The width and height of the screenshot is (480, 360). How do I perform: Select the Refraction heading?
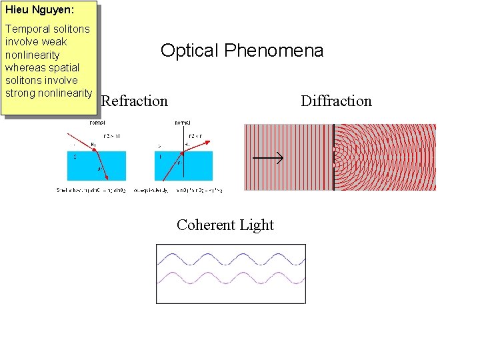tap(134, 101)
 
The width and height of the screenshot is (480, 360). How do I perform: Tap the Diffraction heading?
tap(336, 101)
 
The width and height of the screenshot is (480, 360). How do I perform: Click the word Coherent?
tap(203, 225)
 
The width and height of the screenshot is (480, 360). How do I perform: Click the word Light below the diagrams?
tap(257, 225)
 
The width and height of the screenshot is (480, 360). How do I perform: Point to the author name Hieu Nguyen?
tap(40, 10)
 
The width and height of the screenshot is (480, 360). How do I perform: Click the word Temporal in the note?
tap(27, 29)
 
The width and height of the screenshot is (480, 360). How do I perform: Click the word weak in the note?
tap(54, 42)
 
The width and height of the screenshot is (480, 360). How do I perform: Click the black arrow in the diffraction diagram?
tap(268, 158)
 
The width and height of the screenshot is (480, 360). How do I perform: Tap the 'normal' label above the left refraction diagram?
tap(97, 123)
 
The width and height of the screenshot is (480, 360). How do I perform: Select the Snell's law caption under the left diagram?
tap(91, 190)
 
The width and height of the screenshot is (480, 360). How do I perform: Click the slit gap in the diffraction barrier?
tap(334, 157)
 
